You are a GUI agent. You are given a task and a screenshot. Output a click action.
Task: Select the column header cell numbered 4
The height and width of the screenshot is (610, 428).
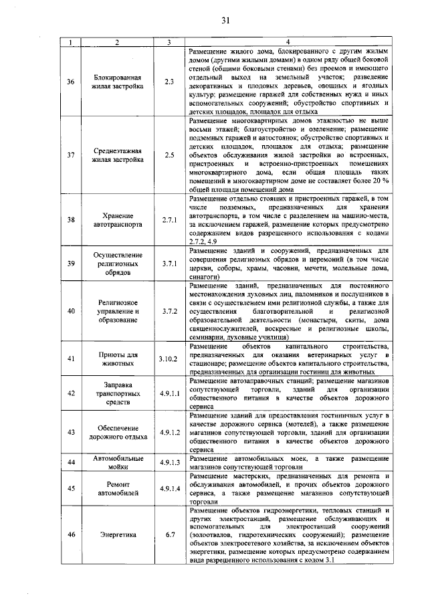tap(288, 43)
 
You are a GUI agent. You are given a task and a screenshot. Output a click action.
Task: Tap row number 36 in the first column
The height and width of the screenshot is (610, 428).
tap(72, 82)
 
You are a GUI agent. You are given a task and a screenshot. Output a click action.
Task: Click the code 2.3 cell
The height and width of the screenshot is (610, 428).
tap(169, 82)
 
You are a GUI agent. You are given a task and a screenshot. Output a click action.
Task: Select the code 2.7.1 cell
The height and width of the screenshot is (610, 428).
tap(169, 220)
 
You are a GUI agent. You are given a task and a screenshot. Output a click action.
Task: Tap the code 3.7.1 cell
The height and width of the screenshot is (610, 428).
tap(169, 264)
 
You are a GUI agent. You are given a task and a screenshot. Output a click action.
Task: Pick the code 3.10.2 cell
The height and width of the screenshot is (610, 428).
tap(169, 359)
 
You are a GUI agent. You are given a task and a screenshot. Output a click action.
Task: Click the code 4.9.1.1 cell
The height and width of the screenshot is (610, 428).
tap(169, 393)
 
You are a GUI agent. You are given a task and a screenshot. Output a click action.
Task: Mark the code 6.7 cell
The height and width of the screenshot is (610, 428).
tap(169, 535)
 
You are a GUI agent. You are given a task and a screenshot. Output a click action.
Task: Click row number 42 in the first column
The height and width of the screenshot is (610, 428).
tap(72, 393)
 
